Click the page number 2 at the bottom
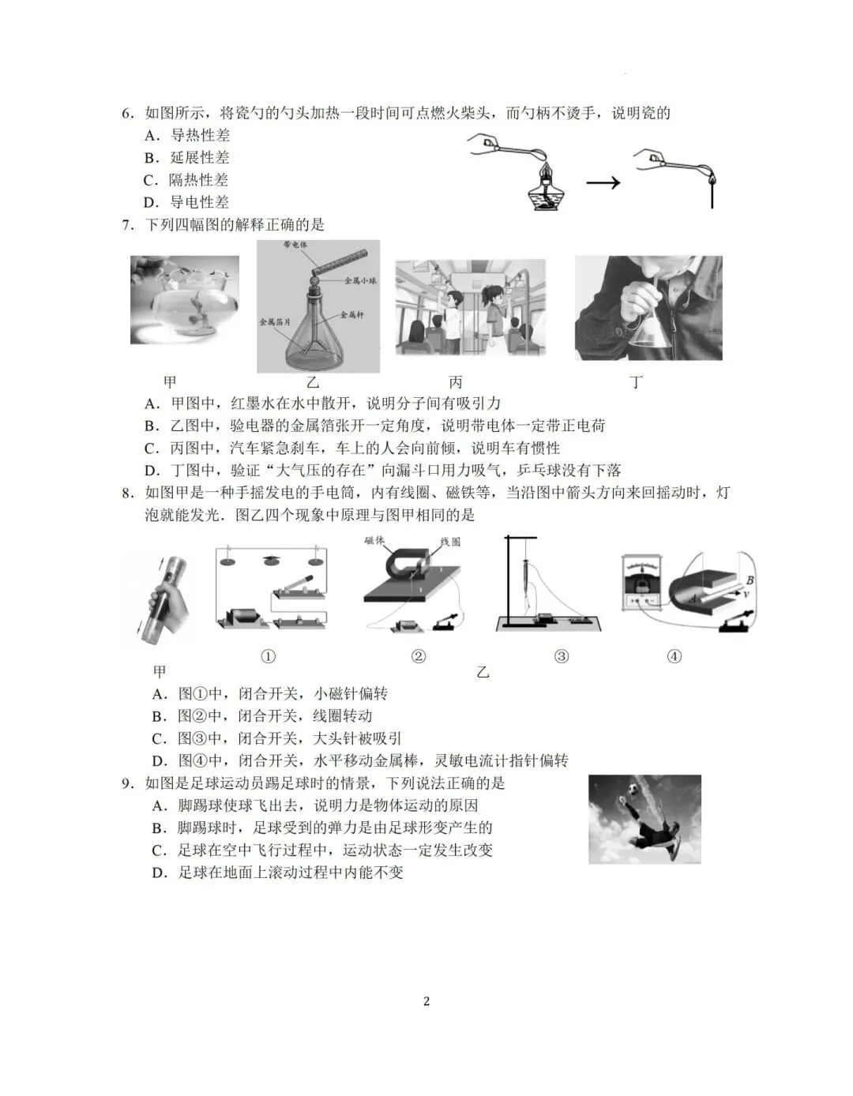(426, 1001)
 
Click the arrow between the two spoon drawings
(603, 183)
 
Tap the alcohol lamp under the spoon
(544, 190)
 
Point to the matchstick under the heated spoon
(712, 193)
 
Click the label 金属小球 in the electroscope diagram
(360, 280)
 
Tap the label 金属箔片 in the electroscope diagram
(275, 322)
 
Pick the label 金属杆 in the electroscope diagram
(351, 314)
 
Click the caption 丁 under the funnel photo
(636, 382)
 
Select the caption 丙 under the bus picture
(456, 382)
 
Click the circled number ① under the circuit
(269, 656)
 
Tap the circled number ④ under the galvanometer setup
(674, 656)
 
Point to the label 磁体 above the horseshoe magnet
(374, 541)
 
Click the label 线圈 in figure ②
(450, 542)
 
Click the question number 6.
(127, 113)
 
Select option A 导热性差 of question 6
(187, 135)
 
